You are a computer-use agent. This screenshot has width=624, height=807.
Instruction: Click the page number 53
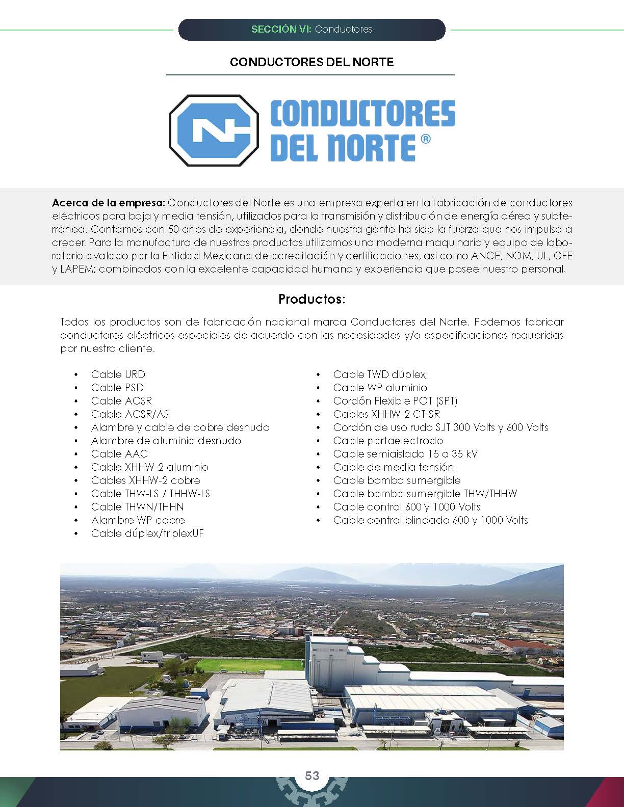tap(312, 775)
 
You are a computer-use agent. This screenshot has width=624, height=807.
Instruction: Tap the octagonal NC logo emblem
tap(214, 130)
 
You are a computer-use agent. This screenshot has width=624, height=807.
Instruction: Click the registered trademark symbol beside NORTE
tap(426, 140)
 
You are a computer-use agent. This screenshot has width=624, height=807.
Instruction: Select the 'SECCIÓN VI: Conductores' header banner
tap(311, 30)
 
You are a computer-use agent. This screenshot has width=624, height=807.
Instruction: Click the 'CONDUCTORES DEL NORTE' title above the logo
tap(311, 62)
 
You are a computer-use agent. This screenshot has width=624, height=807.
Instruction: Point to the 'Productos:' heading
tap(311, 299)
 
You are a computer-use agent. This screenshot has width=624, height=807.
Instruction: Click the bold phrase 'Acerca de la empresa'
tap(108, 203)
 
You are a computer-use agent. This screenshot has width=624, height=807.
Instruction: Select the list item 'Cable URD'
tap(118, 374)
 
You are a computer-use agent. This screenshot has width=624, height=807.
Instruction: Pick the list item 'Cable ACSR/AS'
tap(129, 414)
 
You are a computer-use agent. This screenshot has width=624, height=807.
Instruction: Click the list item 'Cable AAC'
tap(119, 454)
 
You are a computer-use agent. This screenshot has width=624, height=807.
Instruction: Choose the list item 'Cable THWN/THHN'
tap(137, 507)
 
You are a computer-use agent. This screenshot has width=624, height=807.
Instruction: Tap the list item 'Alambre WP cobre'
tap(138, 520)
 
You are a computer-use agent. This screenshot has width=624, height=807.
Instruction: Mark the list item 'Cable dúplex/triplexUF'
tap(147, 533)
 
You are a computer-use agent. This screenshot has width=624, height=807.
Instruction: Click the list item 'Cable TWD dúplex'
tap(379, 374)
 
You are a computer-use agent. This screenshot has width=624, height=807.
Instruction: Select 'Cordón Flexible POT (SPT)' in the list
tap(395, 401)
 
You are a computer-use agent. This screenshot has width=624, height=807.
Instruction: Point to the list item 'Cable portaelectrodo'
tap(387, 441)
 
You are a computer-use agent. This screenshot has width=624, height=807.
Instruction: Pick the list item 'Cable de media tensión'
tap(393, 467)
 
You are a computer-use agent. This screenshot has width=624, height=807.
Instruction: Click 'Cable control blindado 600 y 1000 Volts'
tap(430, 520)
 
